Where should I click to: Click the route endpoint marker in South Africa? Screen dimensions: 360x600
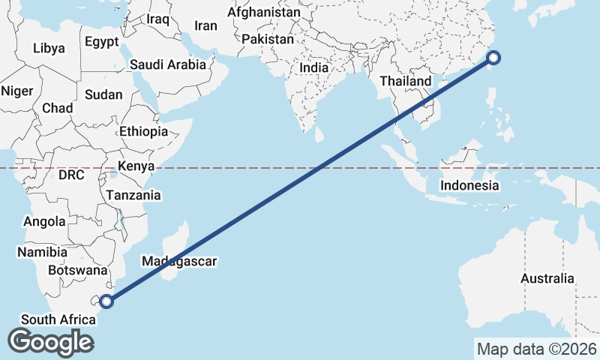(x=106, y=301)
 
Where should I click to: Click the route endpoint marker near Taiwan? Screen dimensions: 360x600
(x=494, y=58)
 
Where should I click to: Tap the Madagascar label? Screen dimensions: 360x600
(x=179, y=262)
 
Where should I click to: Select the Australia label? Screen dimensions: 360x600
(x=547, y=279)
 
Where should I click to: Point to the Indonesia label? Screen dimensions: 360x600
(x=469, y=185)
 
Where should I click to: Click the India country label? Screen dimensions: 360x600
(x=313, y=67)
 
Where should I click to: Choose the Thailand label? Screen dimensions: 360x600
(x=406, y=81)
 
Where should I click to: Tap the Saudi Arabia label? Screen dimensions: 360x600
(x=167, y=64)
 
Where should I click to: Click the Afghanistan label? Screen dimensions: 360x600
(x=263, y=13)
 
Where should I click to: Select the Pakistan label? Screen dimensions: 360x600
(x=268, y=38)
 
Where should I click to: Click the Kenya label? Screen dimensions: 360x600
(x=136, y=166)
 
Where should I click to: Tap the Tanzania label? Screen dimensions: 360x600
(x=133, y=195)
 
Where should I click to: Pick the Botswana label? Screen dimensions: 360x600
(x=77, y=270)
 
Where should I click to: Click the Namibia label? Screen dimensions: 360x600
(x=43, y=252)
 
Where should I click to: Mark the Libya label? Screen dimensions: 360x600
(x=49, y=49)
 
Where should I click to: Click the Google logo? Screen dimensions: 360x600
(x=50, y=342)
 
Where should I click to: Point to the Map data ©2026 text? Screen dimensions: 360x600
(x=537, y=349)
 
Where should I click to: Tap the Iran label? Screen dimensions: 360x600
(x=205, y=25)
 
